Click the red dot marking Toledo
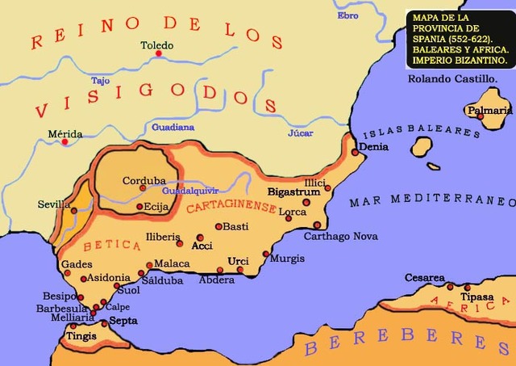160,54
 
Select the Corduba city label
144,180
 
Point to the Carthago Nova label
341,237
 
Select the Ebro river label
348,15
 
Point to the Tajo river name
100,81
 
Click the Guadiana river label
173,127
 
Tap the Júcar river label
299,133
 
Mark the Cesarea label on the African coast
424,278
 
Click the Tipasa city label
476,297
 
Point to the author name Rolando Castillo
451,78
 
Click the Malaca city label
172,263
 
